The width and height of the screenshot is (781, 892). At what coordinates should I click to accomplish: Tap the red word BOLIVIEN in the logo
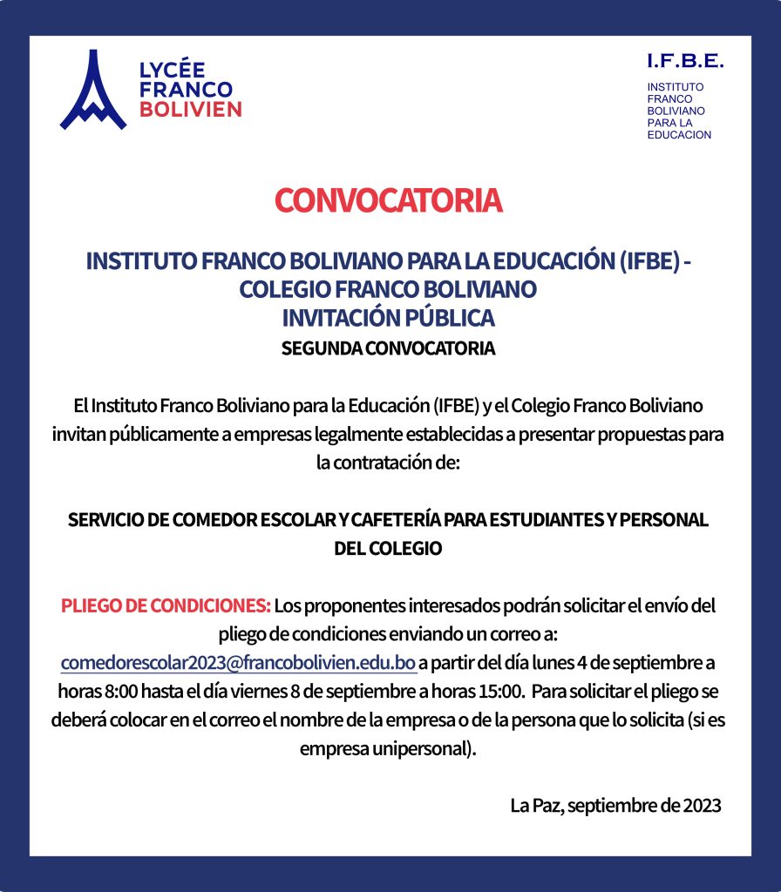pyautogui.click(x=190, y=109)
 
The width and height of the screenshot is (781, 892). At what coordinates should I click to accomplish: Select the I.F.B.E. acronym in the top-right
pyautogui.click(x=685, y=61)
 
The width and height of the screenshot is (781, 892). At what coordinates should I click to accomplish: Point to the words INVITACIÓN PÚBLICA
pyautogui.click(x=389, y=317)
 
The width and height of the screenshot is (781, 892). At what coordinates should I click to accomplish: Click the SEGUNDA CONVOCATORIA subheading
pyautogui.click(x=389, y=348)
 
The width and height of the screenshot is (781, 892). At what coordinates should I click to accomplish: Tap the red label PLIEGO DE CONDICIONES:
pyautogui.click(x=166, y=605)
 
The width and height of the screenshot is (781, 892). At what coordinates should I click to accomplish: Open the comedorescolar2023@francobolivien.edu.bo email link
pyautogui.click(x=238, y=662)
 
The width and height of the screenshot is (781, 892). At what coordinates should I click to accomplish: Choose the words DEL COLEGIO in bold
pyautogui.click(x=389, y=549)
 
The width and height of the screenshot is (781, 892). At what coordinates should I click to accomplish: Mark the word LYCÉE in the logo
pyautogui.click(x=172, y=71)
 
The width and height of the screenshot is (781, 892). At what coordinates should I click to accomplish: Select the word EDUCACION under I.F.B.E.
pyautogui.click(x=679, y=135)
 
